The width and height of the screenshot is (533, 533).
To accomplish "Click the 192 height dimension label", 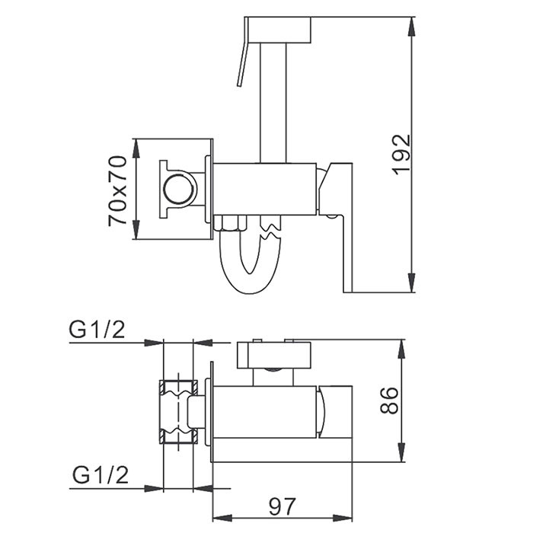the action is coord(402,155).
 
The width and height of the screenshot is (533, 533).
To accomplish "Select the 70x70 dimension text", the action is coord(117,191).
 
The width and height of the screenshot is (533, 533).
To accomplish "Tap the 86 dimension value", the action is coord(389,400).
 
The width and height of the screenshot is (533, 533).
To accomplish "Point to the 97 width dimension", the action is coord(282,507).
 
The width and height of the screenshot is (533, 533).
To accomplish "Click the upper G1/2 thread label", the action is coord(97,329).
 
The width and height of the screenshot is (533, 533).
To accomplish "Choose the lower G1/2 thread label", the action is coord(101,475).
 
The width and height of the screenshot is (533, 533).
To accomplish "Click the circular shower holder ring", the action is coord(180,190).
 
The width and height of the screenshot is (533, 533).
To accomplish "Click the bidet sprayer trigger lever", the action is coord(241,53).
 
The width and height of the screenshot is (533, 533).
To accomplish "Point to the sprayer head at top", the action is coord(278,30).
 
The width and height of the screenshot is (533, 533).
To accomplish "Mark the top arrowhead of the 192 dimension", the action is coord(412,26).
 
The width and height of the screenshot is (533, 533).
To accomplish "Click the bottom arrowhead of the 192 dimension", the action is coord(412,282).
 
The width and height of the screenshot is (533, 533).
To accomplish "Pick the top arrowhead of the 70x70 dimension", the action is coord(136,148).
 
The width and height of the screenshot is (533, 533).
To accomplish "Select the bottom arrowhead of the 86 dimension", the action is coord(402,452).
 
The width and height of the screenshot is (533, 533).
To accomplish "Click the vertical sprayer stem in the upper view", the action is coord(273,103).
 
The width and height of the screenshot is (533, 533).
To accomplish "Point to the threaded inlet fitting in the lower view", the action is coord(178,412).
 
